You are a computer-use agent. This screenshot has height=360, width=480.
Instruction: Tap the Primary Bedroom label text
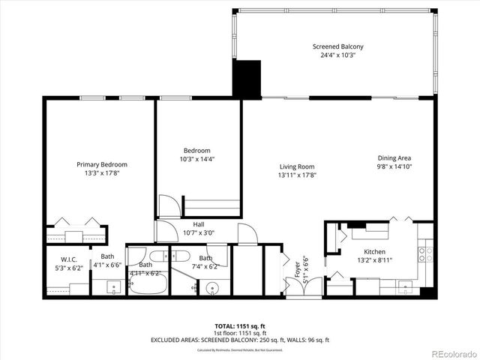(x=102, y=164)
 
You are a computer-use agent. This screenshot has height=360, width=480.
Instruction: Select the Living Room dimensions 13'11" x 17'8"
(x=297, y=175)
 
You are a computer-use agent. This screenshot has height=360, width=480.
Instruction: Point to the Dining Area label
(x=394, y=157)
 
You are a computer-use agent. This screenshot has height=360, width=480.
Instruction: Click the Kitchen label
(x=374, y=252)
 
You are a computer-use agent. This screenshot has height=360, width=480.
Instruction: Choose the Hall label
(x=198, y=223)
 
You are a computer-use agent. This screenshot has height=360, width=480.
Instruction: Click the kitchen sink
(x=406, y=286)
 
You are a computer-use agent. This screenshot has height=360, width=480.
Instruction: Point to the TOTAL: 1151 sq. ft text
(x=240, y=326)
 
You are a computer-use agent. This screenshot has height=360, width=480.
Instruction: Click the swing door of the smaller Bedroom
(x=172, y=208)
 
